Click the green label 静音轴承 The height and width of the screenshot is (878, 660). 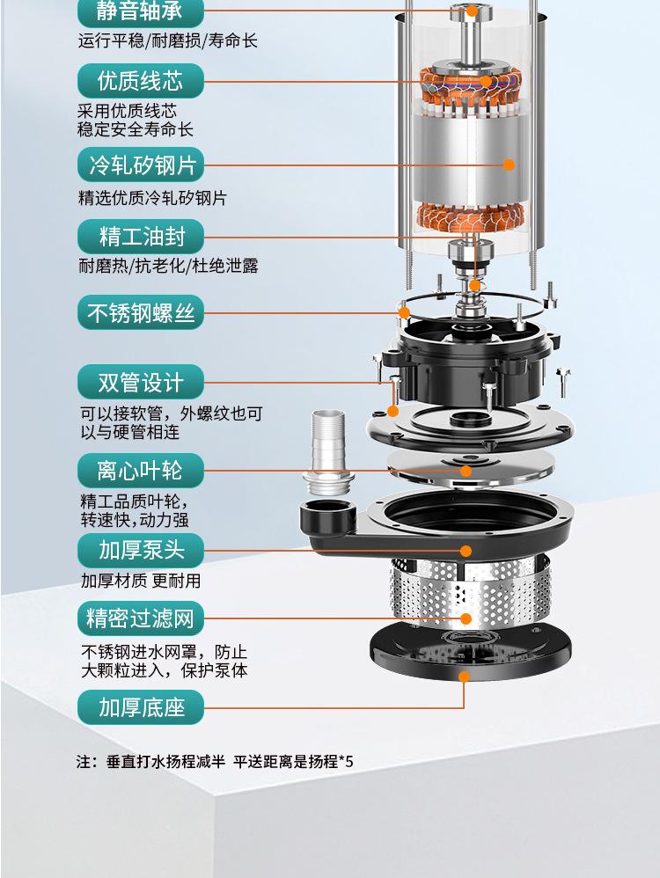(140, 12)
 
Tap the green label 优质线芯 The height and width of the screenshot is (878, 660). (140, 81)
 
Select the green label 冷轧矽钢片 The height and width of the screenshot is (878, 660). (140, 165)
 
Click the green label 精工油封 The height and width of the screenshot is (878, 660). (140, 237)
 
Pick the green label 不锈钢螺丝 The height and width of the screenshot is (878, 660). (140, 312)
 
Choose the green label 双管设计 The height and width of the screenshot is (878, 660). (140, 383)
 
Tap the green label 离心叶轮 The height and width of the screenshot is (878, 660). (140, 471)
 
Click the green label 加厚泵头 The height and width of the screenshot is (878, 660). (140, 550)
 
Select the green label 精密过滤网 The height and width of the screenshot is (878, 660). (140, 618)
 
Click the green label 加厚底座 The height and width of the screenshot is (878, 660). (140, 707)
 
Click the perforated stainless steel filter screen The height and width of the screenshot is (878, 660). (470, 590)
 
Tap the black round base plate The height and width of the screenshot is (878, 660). (471, 651)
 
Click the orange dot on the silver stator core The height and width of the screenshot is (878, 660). (509, 165)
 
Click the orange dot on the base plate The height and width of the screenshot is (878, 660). (464, 677)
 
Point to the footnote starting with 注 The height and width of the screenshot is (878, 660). (215, 762)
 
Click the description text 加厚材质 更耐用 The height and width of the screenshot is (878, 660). (141, 581)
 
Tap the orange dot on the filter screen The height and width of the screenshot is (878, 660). (466, 618)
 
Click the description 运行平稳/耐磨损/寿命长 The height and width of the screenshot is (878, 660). (167, 40)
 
